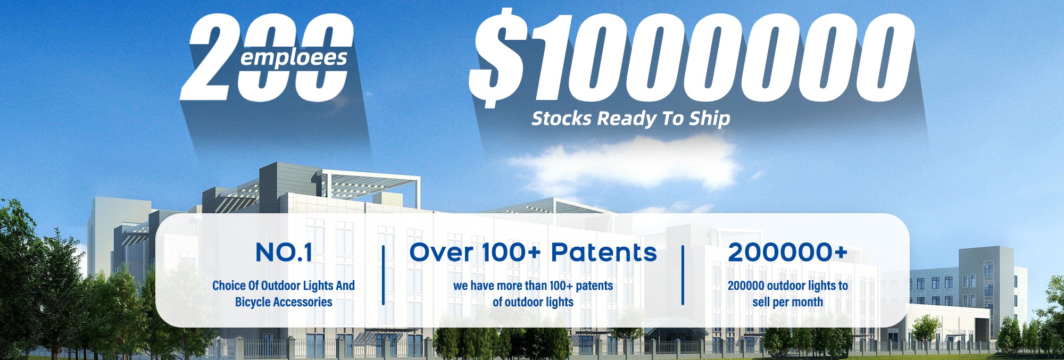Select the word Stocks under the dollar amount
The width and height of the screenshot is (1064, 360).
[x=562, y=118]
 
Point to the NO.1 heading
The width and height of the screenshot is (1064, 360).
[x=284, y=253]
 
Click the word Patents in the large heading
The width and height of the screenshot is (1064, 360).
[x=604, y=252]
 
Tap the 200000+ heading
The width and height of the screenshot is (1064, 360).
[x=788, y=252]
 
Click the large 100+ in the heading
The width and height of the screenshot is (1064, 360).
[x=511, y=252]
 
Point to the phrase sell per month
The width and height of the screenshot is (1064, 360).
[x=788, y=302]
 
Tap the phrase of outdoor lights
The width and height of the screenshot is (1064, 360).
[x=533, y=302]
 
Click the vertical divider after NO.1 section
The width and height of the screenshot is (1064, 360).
[x=383, y=275]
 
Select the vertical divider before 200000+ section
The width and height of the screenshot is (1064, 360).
[x=683, y=275]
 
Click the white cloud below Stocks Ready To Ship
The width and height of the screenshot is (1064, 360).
[x=622, y=162]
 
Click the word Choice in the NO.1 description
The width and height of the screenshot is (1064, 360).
[x=229, y=286]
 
